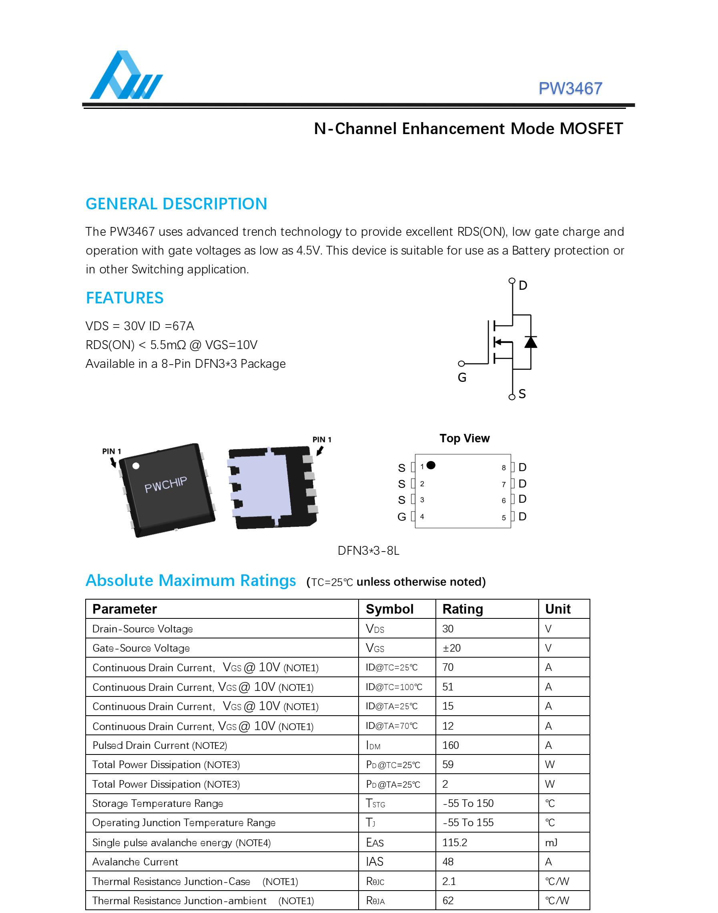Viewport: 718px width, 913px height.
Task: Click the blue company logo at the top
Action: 126,75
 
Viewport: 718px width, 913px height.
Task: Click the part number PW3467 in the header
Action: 570,88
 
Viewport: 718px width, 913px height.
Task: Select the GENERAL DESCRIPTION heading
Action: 176,204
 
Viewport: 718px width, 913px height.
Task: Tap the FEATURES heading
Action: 124,298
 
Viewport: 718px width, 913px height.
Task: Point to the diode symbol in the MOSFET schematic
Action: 531,342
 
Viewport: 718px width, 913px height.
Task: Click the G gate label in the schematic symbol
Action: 462,377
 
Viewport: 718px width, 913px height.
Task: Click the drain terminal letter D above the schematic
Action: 523,285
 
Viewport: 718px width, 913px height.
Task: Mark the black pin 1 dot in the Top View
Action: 431,465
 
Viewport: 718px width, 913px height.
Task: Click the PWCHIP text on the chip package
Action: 166,485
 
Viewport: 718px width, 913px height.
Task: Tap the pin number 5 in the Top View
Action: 503,518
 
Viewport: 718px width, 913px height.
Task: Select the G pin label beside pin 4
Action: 402,517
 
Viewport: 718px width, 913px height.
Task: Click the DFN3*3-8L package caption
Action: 368,551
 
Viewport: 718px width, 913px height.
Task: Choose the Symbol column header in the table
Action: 389,609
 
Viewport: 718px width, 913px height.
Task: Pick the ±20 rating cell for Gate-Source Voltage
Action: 451,648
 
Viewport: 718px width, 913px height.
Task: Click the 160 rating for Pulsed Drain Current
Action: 450,745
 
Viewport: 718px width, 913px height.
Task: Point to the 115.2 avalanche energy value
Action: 454,843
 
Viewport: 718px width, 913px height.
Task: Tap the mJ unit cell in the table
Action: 551,843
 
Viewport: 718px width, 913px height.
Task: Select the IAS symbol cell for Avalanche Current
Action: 375,862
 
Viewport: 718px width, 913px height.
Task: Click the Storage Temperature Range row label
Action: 158,803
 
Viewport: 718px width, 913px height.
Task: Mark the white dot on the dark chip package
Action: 136,466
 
